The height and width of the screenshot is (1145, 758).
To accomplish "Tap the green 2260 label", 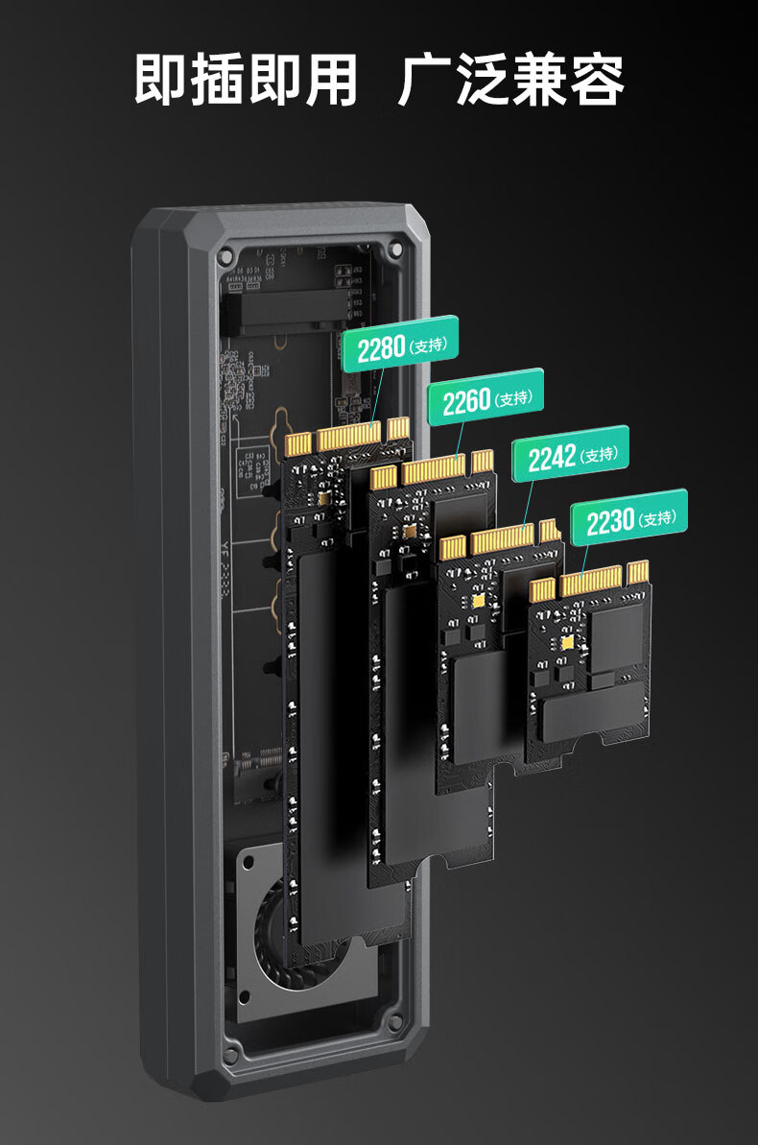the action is pyautogui.click(x=486, y=397).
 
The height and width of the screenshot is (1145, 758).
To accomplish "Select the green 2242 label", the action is pyautogui.click(x=570, y=454).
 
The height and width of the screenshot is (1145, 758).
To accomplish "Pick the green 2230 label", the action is pyautogui.click(x=628, y=517).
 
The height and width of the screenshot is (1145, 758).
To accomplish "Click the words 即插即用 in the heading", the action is pyautogui.click(x=246, y=79).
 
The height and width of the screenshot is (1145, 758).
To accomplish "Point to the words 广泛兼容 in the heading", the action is pyautogui.click(x=511, y=79).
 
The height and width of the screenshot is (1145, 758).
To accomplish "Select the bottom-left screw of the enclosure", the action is pyautogui.click(x=231, y=1055).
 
